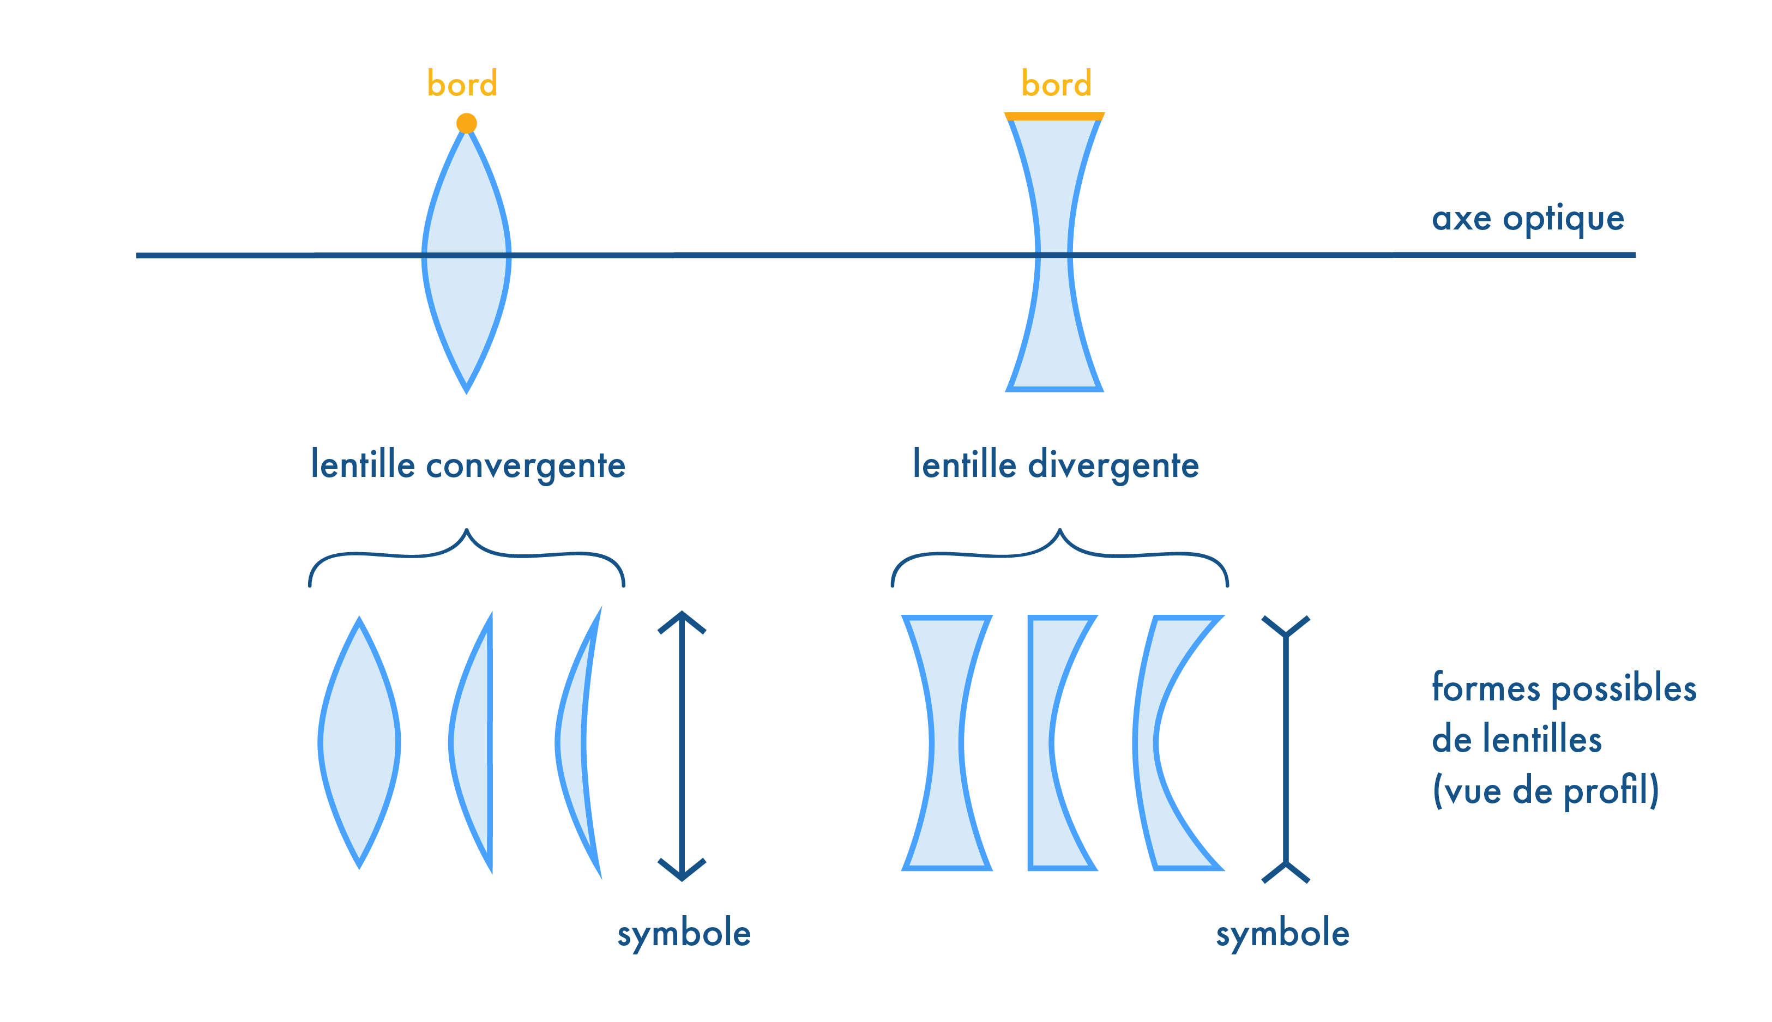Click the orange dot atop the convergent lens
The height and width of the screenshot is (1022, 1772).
point(466,124)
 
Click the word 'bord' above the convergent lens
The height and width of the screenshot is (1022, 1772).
point(462,84)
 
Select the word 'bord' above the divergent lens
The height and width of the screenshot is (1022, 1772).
point(1056,84)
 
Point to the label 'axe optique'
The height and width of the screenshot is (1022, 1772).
point(1528,219)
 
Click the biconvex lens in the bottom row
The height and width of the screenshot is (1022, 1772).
point(359,742)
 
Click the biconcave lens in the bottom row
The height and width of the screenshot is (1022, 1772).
point(947,742)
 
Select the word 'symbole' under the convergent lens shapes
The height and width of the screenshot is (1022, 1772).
point(684,934)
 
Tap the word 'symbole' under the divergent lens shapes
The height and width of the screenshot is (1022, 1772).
point(1282,934)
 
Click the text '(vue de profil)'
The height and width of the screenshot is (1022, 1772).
point(1545,791)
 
